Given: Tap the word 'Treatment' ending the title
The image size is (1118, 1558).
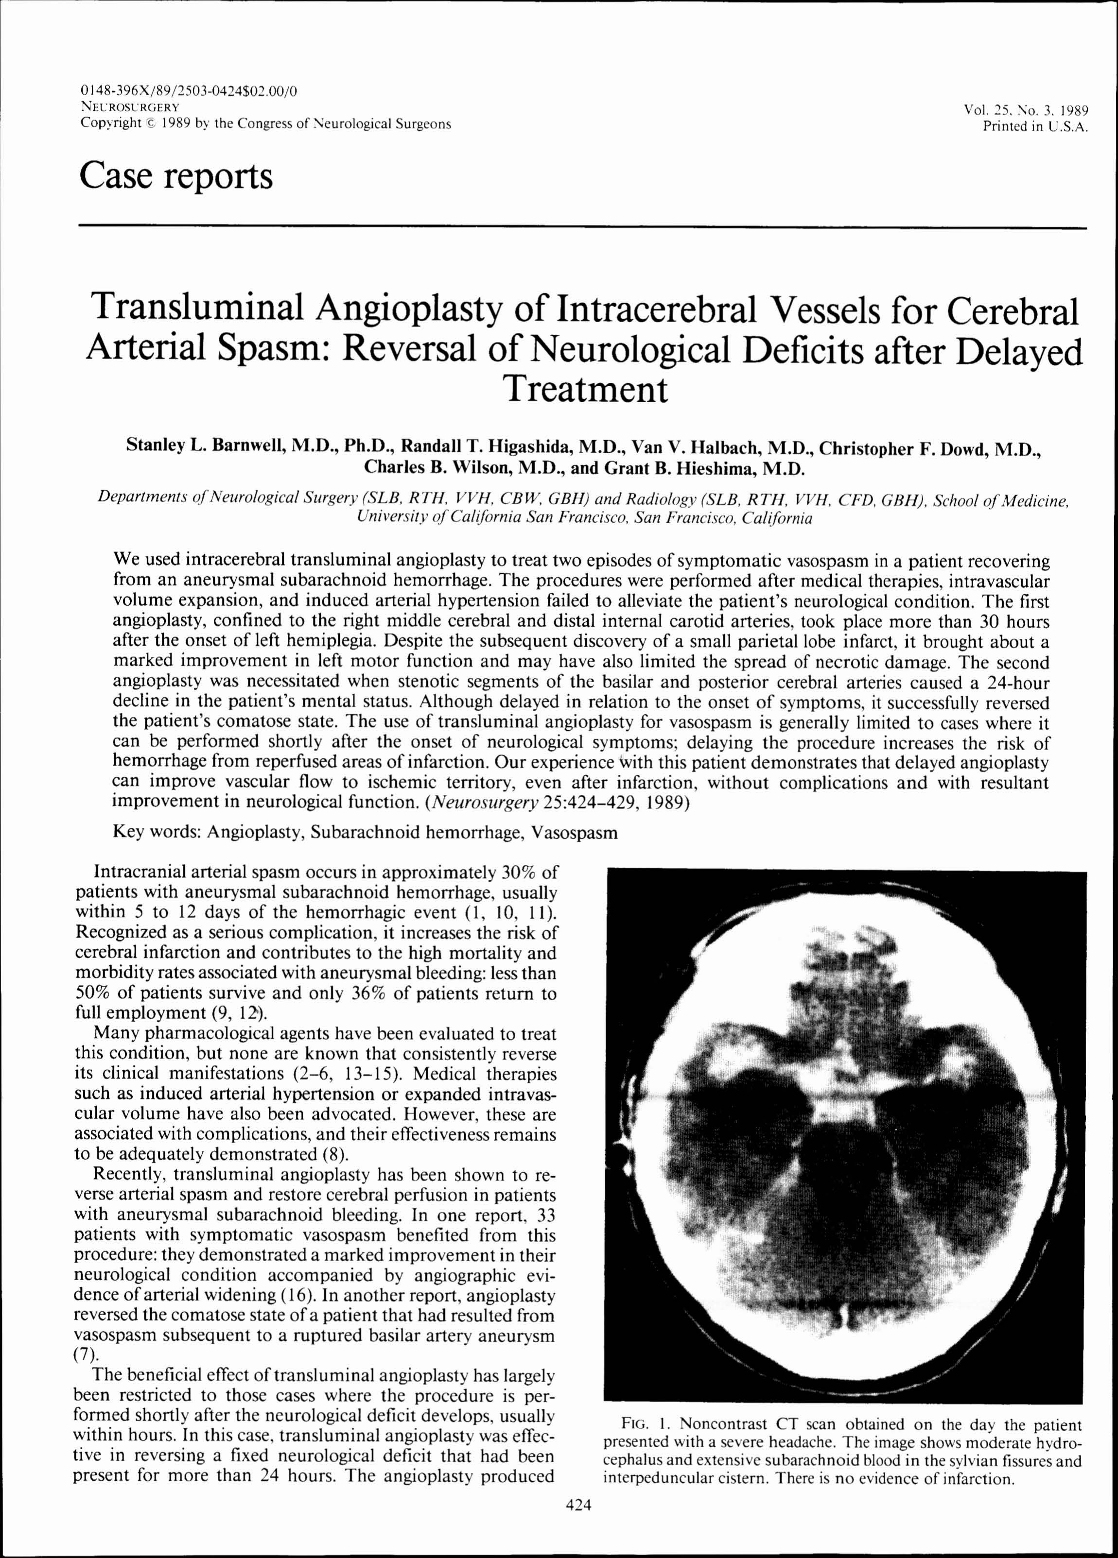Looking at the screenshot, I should click(585, 390).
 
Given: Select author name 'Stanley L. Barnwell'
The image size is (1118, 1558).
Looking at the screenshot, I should click(204, 445).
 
